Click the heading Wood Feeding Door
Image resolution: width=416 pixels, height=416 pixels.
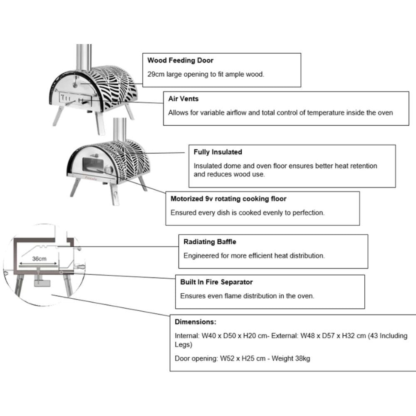180,60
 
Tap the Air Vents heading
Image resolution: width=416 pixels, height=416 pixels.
183,99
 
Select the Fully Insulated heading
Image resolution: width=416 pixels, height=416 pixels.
218,152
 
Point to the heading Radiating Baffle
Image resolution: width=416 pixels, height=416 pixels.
210,242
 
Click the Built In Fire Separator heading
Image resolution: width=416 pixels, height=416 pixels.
216,282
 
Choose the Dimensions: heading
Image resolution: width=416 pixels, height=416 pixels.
195,322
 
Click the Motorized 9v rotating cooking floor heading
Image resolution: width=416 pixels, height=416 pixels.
228,199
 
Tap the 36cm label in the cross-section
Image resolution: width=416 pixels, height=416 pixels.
39,258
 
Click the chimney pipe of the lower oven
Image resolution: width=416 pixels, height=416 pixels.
120,129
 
